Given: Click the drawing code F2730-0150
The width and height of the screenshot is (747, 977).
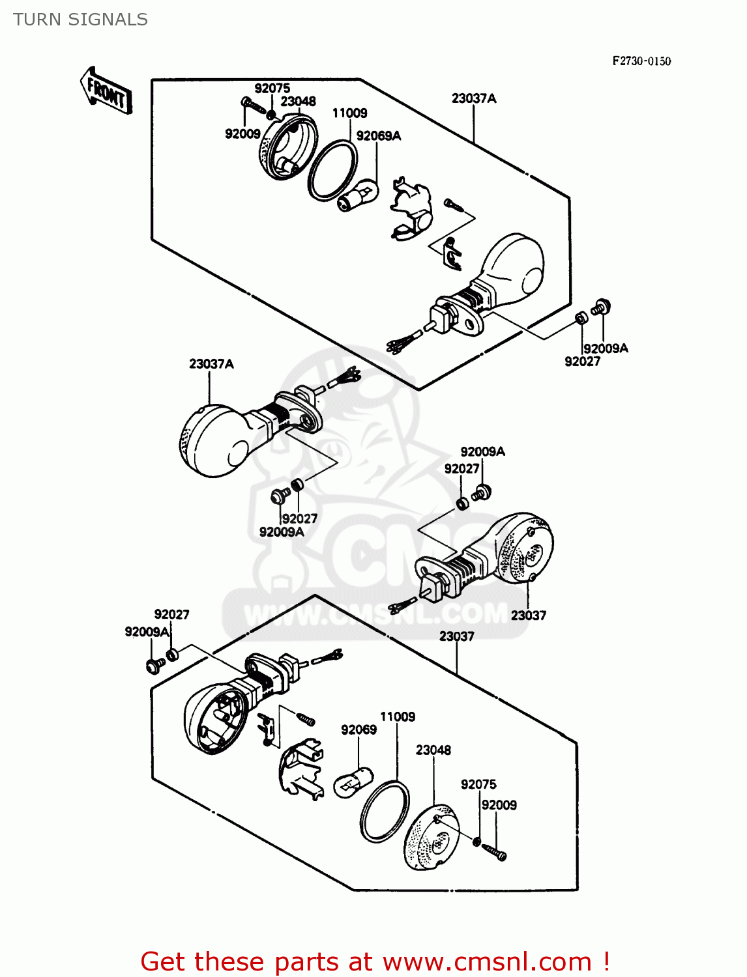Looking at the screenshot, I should tap(641, 61).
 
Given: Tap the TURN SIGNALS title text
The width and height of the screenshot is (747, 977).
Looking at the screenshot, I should tap(80, 20).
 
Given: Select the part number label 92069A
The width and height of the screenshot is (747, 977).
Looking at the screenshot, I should tap(379, 135).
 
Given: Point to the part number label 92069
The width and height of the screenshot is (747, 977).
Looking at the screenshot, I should tap(359, 729).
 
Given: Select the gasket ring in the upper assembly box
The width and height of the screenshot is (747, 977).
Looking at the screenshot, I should tap(332, 170).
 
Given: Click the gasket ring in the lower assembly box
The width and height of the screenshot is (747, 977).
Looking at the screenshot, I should tap(385, 812).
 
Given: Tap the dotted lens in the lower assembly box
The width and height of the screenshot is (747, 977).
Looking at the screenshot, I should tap(430, 838).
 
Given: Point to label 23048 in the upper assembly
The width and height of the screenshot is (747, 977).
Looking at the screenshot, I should tap(298, 101).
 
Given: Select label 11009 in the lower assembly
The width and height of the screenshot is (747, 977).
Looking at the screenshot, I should tap(398, 716).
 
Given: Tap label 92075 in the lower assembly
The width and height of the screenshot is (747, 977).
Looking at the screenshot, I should tap(478, 784).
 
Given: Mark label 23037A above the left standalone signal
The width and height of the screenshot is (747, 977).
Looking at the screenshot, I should tap(211, 363).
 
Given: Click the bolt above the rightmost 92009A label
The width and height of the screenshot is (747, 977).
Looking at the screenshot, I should tap(600, 306).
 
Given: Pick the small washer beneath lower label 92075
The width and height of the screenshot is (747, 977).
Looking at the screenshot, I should tap(476, 842).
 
